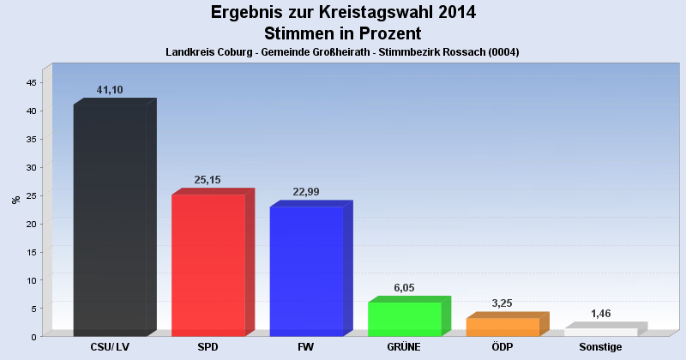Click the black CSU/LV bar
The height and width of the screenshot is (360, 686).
pos(110,220)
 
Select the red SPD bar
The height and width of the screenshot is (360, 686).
pos(208,265)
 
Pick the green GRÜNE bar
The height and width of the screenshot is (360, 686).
pos(404,319)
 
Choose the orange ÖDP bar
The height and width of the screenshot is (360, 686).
pos(502,327)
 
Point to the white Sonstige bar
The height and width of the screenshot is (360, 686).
pos(600,332)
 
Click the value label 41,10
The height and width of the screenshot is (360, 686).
pos(111,90)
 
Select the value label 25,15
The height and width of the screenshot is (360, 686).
pos(209,180)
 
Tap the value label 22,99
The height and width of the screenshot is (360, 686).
pos(306,192)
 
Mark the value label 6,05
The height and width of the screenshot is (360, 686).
pos(404,288)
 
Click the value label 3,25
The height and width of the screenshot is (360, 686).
pos(502,303)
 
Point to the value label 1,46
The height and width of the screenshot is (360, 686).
pos(600,314)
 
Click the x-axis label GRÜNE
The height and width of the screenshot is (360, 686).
pos(404,347)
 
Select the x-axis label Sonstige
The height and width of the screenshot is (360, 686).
pos(600,347)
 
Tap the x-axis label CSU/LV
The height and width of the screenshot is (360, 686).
pos(110,347)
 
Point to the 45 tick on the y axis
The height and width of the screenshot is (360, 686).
pos(31,82)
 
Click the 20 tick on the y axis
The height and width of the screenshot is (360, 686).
pos(31,224)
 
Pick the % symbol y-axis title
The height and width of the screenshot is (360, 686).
pos(15,200)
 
